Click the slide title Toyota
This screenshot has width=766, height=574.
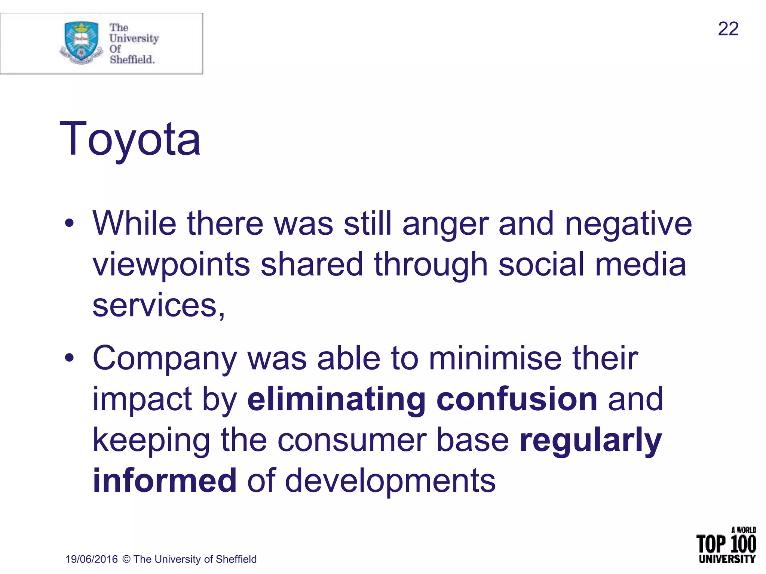click(130, 139)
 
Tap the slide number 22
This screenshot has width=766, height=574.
click(728, 29)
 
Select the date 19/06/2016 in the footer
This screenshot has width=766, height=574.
click(92, 559)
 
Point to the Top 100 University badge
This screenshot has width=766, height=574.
click(726, 545)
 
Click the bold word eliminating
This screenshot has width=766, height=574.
click(336, 399)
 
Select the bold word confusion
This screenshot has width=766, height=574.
click(517, 399)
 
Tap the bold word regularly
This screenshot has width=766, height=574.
click(591, 441)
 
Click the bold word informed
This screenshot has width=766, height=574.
click(165, 481)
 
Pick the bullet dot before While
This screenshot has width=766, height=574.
click(69, 223)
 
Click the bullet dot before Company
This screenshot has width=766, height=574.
click(69, 358)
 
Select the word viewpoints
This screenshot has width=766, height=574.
click(171, 265)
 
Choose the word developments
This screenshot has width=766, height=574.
click(390, 481)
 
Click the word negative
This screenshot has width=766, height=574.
click(628, 224)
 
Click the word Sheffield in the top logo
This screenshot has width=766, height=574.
click(132, 59)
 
